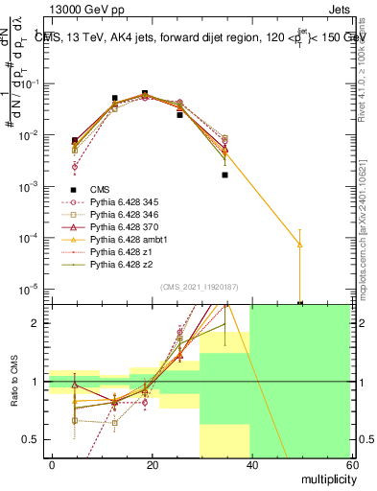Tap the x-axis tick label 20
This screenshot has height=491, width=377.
pyautogui.click(x=152, y=464)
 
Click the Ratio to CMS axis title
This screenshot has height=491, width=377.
pyautogui.click(x=15, y=381)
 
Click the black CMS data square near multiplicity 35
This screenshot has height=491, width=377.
pyautogui.click(x=224, y=175)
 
